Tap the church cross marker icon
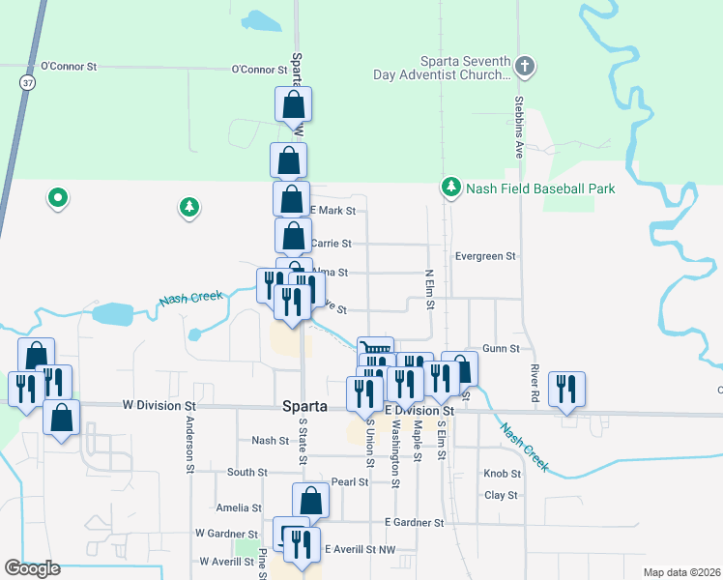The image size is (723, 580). point(525,67)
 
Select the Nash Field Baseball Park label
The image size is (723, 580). point(540,188)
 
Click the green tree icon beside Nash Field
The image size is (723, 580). point(449,186)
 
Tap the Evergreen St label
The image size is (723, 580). point(485,256)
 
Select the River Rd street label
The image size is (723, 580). point(535,377)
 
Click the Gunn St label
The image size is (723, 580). point(501,348)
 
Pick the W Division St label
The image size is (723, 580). point(159,407)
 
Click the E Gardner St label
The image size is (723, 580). point(413,522)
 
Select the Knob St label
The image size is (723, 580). point(502,474)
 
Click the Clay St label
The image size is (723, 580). point(501,495)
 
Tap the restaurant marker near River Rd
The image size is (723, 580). point(565,390)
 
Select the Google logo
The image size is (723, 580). point(33,568)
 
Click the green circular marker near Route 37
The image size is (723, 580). point(58,198)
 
